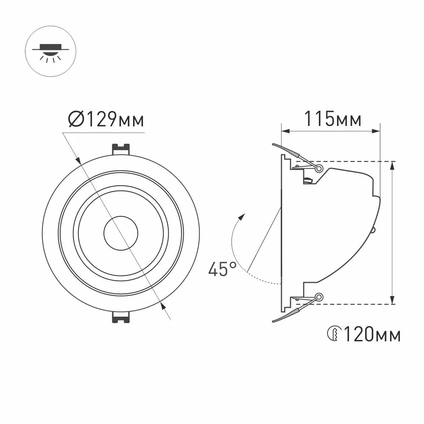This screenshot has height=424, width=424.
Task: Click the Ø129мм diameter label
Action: [106, 120]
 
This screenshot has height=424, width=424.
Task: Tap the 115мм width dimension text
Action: [333, 119]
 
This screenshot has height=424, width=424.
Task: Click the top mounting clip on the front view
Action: [120, 149]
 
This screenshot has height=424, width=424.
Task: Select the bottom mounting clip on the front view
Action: [120, 318]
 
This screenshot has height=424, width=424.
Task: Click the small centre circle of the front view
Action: [120, 234]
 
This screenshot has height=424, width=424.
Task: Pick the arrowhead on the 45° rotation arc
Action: [242, 217]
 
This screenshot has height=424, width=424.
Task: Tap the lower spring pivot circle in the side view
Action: [319, 297]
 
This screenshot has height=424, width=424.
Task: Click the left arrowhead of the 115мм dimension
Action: [285, 131]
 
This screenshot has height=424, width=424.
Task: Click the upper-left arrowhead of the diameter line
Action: [79, 160]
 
